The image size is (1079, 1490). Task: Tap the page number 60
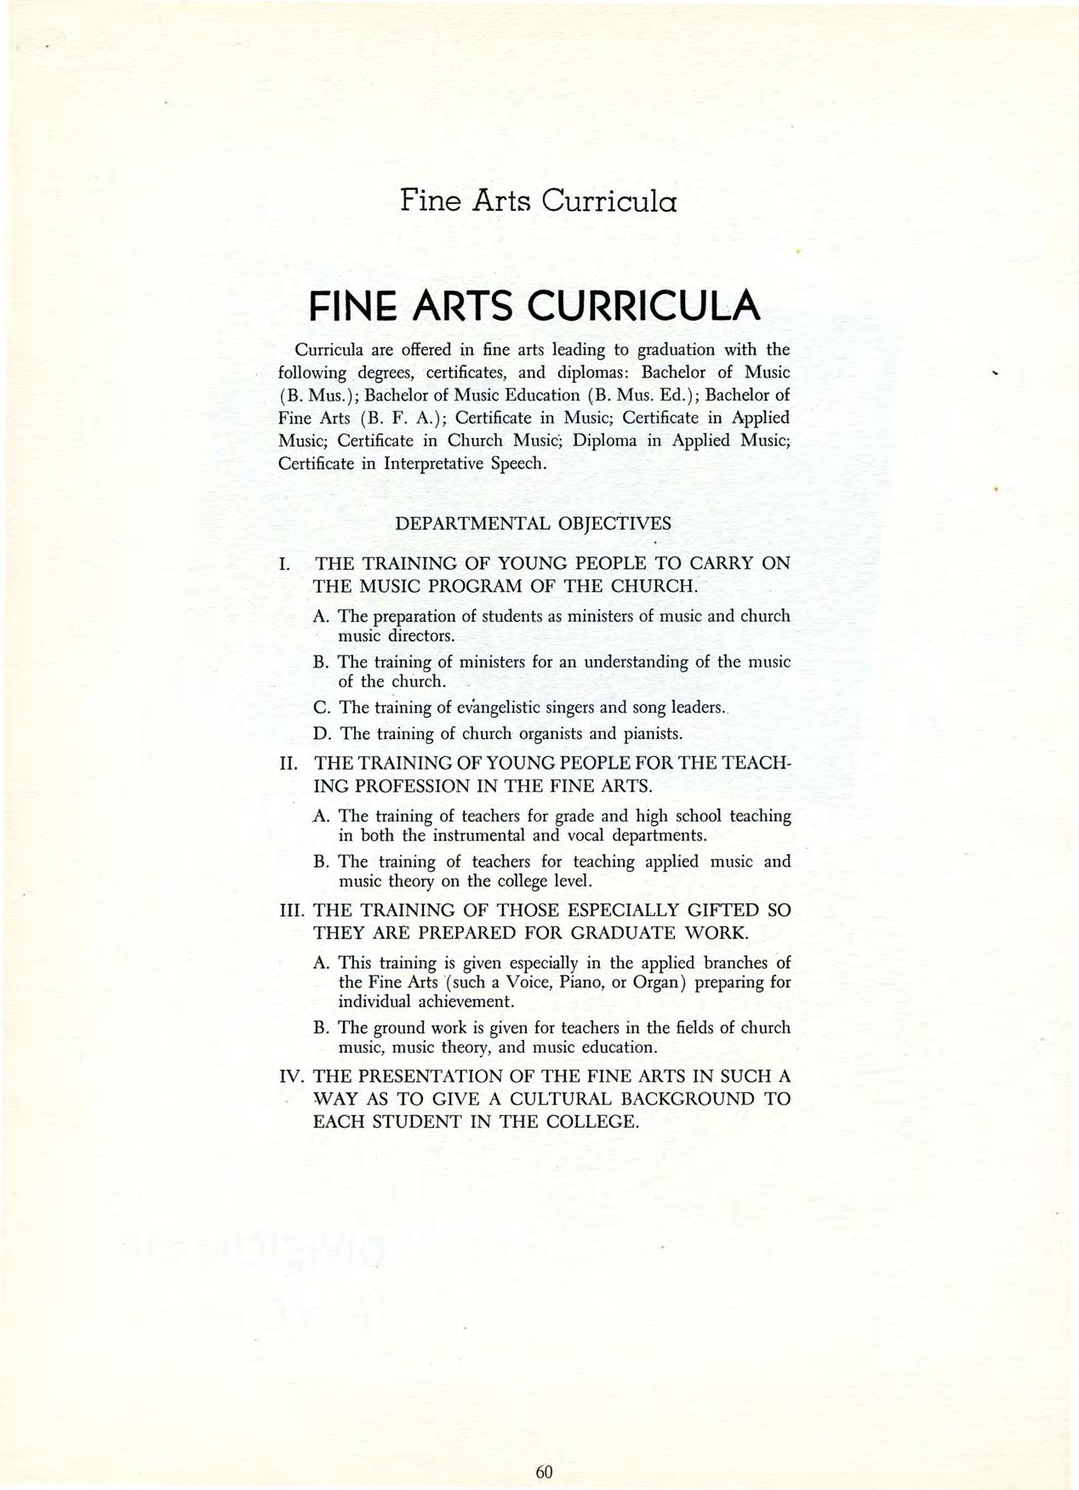pyautogui.click(x=545, y=1447)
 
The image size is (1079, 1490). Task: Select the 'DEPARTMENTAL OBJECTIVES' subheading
pyautogui.click(x=534, y=523)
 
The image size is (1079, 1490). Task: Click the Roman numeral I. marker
pyautogui.click(x=285, y=564)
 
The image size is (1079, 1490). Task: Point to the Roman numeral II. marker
pyautogui.click(x=288, y=764)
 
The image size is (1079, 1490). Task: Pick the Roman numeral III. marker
pyautogui.click(x=292, y=910)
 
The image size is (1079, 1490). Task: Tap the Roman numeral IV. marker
pyautogui.click(x=292, y=1077)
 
